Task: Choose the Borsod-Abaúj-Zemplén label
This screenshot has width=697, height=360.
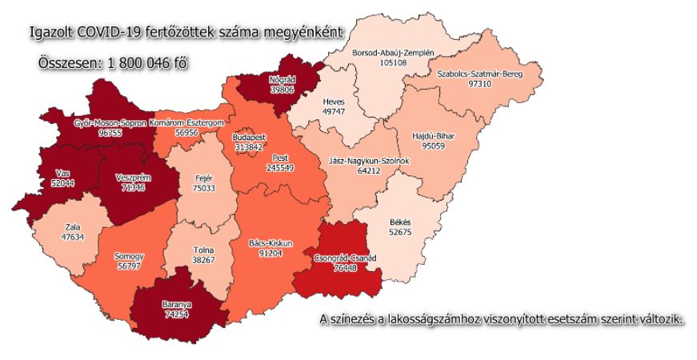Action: (x=393, y=52)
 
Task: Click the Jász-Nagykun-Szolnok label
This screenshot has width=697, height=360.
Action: (x=370, y=161)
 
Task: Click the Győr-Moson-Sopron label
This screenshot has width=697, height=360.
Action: (x=110, y=123)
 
